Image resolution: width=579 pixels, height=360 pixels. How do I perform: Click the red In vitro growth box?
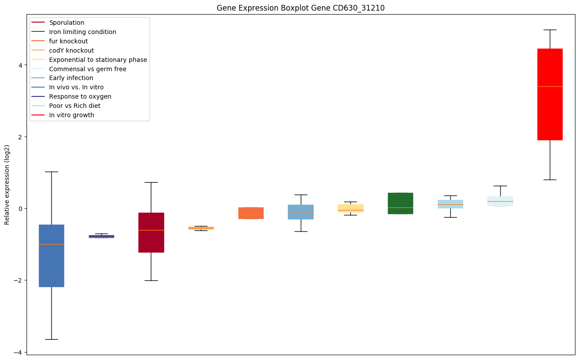(x=550, y=94)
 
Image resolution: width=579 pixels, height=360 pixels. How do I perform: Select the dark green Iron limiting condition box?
(x=400, y=203)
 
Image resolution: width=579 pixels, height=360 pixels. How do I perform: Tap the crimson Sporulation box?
(x=151, y=233)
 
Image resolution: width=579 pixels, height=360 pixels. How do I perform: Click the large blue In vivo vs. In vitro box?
(x=51, y=256)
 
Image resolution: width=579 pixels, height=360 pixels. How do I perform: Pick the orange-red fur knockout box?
(x=251, y=213)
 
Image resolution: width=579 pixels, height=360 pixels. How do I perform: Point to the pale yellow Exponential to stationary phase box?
(x=351, y=208)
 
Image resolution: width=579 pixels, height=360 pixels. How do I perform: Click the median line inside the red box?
(x=550, y=86)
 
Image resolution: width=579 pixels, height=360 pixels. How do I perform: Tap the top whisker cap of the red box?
(x=550, y=30)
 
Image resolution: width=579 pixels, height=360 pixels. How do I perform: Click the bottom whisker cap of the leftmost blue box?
(x=51, y=339)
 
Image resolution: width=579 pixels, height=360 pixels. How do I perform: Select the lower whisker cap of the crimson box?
(x=151, y=280)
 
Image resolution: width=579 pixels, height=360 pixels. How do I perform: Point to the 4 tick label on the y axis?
(x=20, y=65)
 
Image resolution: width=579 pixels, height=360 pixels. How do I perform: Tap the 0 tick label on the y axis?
(x=20, y=209)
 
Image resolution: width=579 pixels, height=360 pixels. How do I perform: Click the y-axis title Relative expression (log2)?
(x=7, y=185)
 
